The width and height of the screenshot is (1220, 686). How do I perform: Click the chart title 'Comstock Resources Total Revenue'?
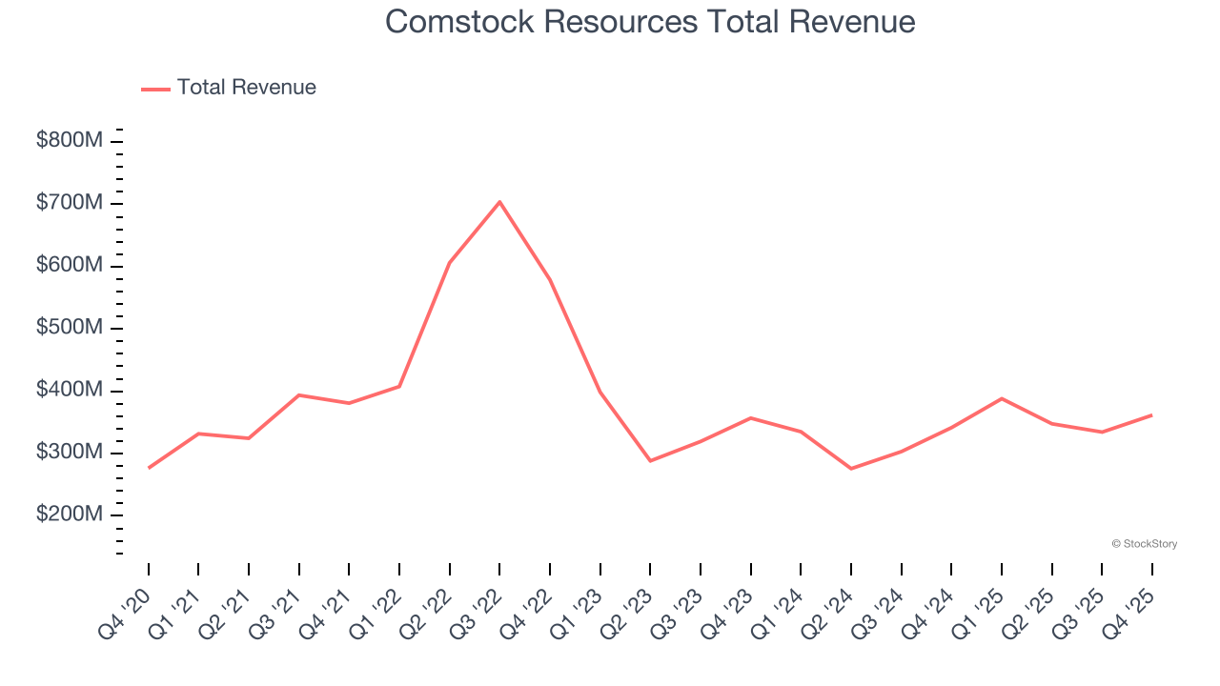pyautogui.click(x=650, y=22)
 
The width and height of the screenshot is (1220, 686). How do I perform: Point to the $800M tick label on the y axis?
pyautogui.click(x=70, y=141)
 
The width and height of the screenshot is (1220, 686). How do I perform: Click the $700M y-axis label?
pyautogui.click(x=70, y=203)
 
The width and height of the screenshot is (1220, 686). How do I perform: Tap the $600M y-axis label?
pyautogui.click(x=70, y=266)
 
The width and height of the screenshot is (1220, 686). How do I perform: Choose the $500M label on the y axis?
pyautogui.click(x=70, y=328)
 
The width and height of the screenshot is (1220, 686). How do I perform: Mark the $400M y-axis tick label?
pyautogui.click(x=70, y=391)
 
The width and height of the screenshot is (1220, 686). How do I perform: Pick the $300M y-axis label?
pyautogui.click(x=70, y=453)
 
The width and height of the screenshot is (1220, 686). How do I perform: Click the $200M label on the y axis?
pyautogui.click(x=70, y=515)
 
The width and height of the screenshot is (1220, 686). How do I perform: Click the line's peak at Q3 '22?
pyautogui.click(x=499, y=202)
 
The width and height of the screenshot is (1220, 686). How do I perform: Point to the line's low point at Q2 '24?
pyautogui.click(x=851, y=469)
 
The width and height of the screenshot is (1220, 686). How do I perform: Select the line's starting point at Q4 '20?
pyautogui.click(x=149, y=468)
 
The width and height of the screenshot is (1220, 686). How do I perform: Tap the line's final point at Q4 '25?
pyautogui.click(x=1151, y=415)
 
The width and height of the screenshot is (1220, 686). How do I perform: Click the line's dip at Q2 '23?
pyautogui.click(x=650, y=461)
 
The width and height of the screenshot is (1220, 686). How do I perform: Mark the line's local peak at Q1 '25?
pyautogui.click(x=1001, y=398)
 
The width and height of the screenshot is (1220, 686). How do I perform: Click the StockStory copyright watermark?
pyautogui.click(x=1144, y=544)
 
